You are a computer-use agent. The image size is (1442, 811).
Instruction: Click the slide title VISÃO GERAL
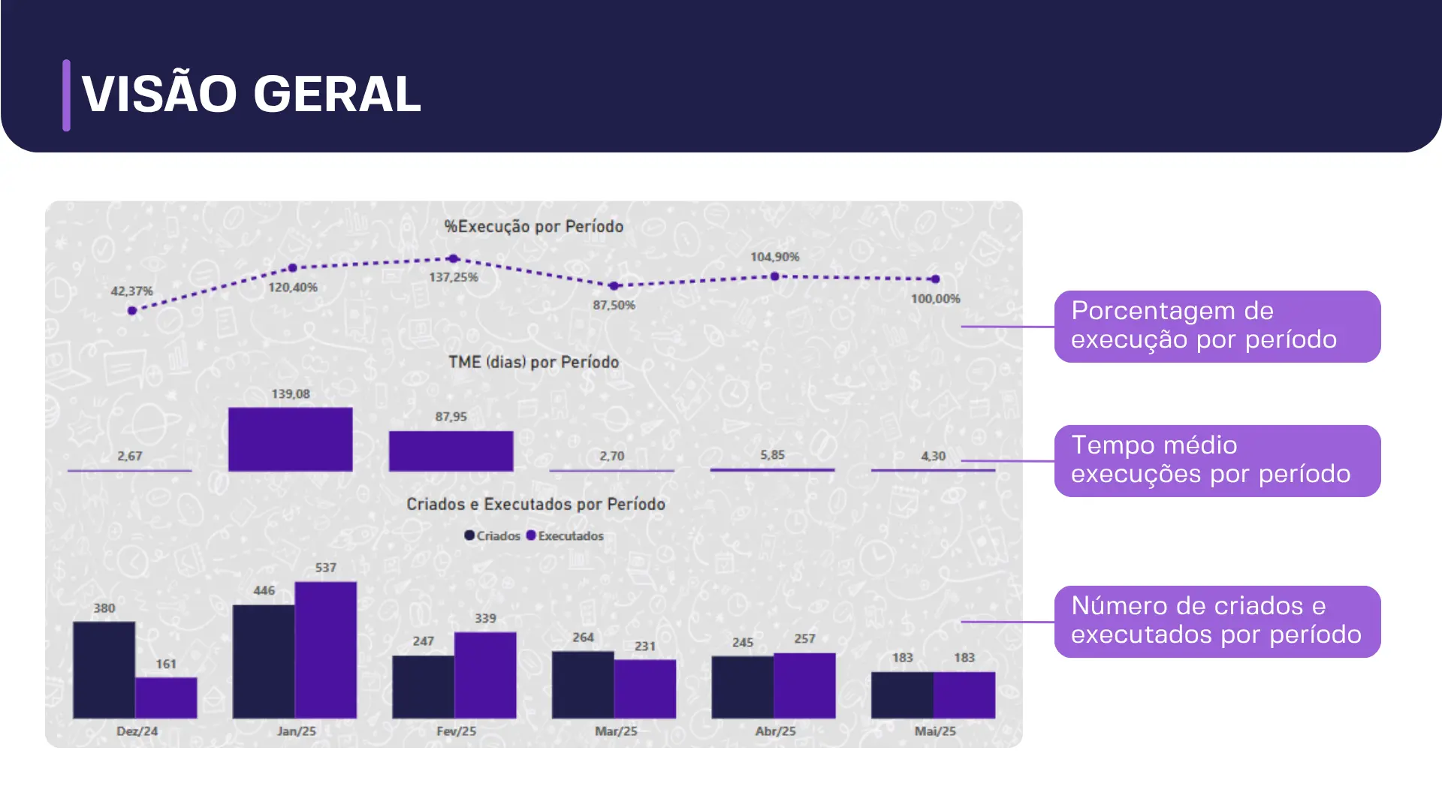tap(251, 95)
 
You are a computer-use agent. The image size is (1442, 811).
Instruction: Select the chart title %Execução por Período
tap(533, 227)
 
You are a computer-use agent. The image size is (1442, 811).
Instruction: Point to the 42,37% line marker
tap(132, 311)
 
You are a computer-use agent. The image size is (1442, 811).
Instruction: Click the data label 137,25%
tap(454, 277)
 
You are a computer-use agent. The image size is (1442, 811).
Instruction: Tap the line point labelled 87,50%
tap(614, 286)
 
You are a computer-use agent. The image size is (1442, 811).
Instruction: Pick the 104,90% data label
tap(775, 257)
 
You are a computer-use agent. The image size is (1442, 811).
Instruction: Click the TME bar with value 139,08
tap(291, 439)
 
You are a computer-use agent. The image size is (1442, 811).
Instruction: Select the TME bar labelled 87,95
tap(451, 451)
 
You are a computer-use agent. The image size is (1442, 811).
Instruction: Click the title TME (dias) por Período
tap(534, 362)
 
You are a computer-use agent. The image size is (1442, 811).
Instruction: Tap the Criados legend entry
tap(493, 535)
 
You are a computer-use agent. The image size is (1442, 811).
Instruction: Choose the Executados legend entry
tap(565, 535)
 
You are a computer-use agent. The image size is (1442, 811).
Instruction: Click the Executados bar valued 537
tap(326, 650)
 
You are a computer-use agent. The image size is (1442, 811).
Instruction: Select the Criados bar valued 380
tap(104, 670)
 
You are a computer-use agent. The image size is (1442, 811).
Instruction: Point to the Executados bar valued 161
tap(166, 698)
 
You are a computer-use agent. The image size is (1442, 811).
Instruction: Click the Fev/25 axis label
tap(457, 731)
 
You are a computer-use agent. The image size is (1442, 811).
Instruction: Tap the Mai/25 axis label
tap(935, 731)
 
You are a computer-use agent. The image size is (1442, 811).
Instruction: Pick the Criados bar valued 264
tap(583, 685)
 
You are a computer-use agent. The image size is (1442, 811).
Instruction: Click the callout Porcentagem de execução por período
tap(1217, 327)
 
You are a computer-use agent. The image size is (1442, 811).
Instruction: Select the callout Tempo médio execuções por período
tap(1217, 461)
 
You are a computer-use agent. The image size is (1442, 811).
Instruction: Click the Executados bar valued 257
tap(804, 686)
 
